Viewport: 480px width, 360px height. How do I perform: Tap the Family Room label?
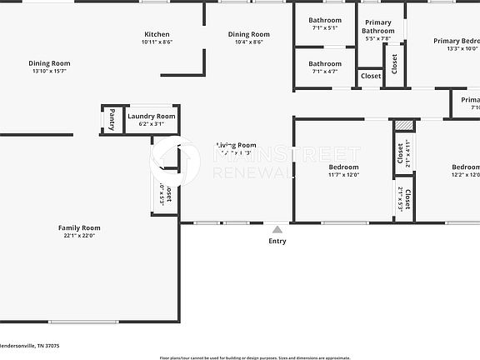tap(79, 227)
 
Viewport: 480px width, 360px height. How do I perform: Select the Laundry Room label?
tap(152, 117)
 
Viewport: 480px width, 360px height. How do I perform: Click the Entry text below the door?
tap(277, 242)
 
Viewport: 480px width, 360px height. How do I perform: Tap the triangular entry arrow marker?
tap(277, 227)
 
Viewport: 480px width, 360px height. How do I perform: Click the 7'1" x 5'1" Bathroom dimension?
tap(324, 27)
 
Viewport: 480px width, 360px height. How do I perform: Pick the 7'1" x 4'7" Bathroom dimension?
tap(324, 72)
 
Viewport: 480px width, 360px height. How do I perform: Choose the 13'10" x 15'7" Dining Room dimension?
tap(49, 71)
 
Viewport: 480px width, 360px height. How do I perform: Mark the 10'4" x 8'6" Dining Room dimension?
tap(249, 42)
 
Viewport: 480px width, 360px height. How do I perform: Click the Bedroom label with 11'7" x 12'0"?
tap(343, 167)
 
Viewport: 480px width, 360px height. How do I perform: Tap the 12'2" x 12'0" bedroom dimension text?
tap(464, 175)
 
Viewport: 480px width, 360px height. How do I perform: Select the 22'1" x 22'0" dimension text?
tap(79, 236)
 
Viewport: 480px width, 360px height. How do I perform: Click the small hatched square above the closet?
tap(404, 126)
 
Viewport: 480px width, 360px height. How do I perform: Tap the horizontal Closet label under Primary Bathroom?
tap(371, 76)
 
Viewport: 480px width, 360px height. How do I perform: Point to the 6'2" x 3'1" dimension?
tap(152, 124)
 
